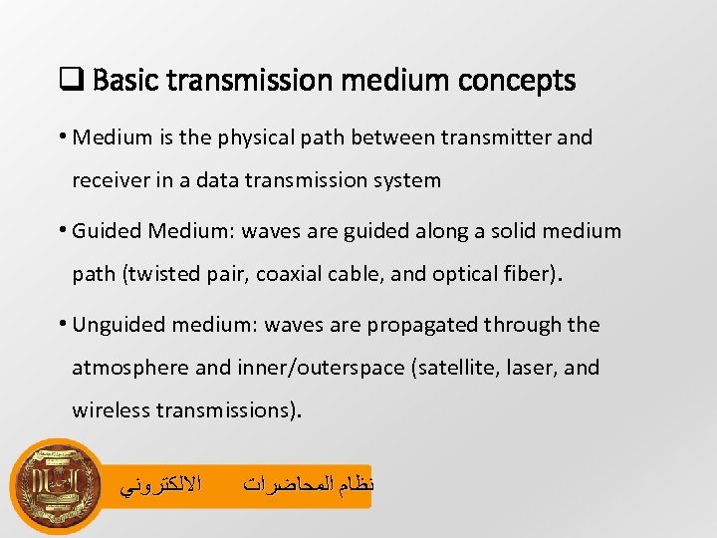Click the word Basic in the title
click(122, 81)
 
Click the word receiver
click(109, 180)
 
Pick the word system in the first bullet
click(405, 180)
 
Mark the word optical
click(466, 274)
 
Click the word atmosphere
click(130, 368)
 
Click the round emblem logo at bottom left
click(56, 487)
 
